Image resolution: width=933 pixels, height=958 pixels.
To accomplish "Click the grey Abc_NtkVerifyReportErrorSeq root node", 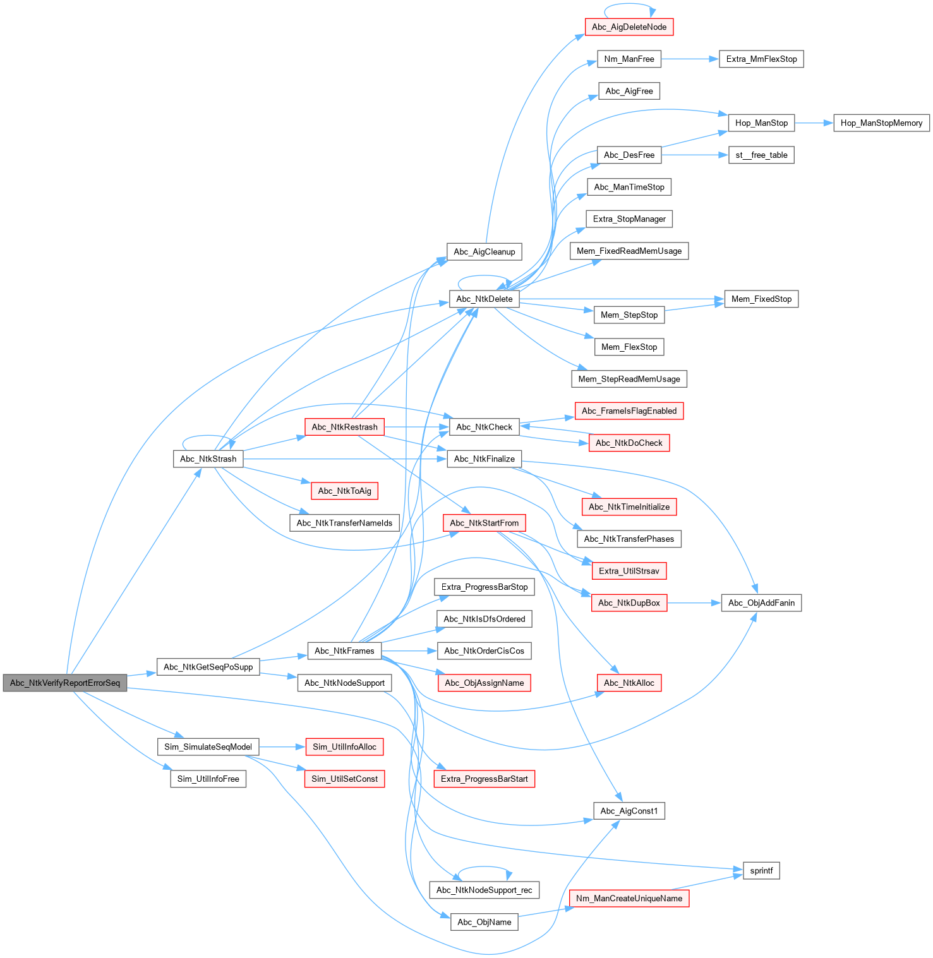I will point(65,683).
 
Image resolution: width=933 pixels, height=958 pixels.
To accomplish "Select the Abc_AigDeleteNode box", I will point(629,27).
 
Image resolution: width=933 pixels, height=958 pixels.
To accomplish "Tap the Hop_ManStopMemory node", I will point(881,123).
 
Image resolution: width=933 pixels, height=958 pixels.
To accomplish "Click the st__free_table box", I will point(761,155).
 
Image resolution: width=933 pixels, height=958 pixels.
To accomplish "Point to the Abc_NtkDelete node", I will point(485,299).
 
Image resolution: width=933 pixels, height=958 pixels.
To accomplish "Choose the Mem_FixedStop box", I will point(761,299).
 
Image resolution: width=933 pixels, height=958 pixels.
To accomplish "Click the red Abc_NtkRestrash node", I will point(344,427).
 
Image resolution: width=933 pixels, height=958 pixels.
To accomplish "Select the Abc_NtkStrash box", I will point(208,459).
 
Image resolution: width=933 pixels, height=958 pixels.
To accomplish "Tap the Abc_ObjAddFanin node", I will point(761,603).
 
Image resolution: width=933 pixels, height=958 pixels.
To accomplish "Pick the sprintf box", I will point(761,871).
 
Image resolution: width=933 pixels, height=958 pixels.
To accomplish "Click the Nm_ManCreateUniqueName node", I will point(629,899).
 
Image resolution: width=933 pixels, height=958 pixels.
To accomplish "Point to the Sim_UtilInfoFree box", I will point(208,779).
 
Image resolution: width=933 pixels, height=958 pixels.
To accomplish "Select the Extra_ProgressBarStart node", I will point(485,779).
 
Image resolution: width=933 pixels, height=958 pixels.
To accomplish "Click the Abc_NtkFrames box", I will point(344,651).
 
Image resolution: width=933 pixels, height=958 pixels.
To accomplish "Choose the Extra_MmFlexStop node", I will point(761,59).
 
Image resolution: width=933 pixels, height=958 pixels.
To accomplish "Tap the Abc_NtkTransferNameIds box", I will point(344,523).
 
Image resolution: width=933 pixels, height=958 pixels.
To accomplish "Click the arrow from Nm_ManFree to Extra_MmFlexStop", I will point(690,59).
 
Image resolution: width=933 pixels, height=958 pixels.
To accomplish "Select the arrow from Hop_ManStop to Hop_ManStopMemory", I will point(814,123).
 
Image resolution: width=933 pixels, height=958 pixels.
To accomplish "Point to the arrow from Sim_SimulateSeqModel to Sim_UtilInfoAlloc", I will point(282,747).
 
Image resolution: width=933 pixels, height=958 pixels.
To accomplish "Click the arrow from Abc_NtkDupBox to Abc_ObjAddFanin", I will point(694,603).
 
